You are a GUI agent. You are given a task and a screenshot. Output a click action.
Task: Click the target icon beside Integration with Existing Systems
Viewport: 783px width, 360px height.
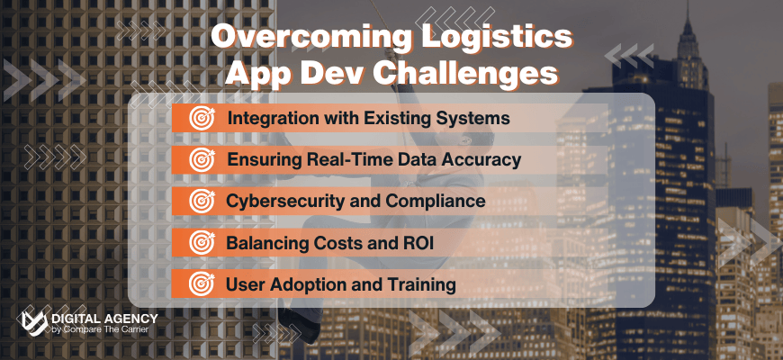pos(199,118)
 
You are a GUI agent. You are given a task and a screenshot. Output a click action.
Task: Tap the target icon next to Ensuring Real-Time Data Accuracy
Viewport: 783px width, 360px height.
pos(199,160)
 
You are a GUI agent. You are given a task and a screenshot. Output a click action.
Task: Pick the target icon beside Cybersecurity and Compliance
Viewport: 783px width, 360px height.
pos(199,201)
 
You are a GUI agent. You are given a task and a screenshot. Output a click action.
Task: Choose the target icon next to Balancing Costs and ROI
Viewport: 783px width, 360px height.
pos(199,242)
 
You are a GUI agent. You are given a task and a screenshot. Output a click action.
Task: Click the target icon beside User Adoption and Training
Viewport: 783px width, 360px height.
pos(199,284)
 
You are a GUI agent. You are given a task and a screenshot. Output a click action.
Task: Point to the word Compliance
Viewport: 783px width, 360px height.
pos(435,201)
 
